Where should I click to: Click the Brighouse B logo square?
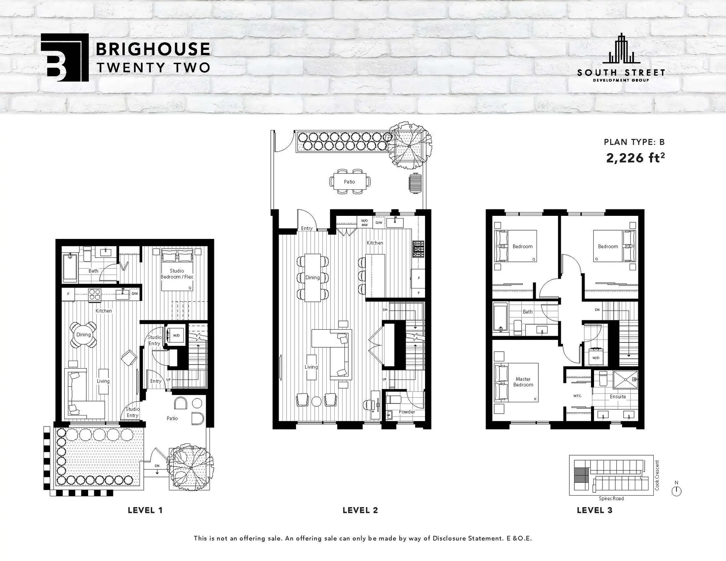pos(64,57)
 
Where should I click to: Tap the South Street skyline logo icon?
pos(621,49)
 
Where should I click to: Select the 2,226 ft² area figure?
pos(635,158)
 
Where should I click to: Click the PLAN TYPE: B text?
pos(634,142)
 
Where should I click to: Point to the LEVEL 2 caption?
pos(360,510)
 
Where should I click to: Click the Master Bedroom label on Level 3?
pos(523,382)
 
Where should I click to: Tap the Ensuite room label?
pos(617,397)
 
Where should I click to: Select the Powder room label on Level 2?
pos(406,412)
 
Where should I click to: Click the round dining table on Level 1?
pos(83,335)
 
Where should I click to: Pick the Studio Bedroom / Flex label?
pos(177,274)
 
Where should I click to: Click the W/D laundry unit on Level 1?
pos(176,335)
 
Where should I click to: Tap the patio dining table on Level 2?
pos(349,182)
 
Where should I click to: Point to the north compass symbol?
pos(676,491)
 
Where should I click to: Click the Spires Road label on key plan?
pos(611,499)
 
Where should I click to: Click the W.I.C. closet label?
pos(577,396)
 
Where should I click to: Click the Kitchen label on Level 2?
pos(375,243)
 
